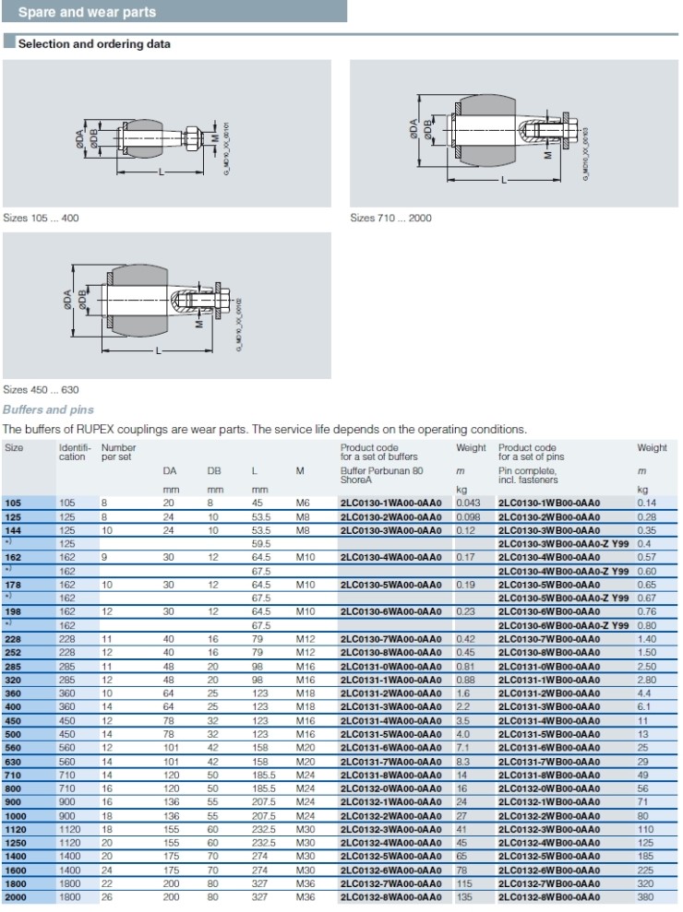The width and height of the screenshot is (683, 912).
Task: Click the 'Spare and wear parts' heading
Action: pyautogui.click(x=87, y=12)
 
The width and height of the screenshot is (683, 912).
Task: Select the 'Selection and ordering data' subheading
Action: pyautogui.click(x=94, y=43)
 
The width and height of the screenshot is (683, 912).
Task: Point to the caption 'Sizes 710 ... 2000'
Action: pyautogui.click(x=390, y=218)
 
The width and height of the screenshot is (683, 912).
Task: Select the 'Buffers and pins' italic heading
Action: pyautogui.click(x=48, y=409)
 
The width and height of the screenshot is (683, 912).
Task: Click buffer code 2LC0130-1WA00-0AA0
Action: pyautogui.click(x=396, y=503)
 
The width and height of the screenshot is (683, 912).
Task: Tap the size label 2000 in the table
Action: pyautogui.click(x=16, y=895)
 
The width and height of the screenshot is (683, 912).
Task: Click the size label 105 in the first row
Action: pyautogui.click(x=13, y=503)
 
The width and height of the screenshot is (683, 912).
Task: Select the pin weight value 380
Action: pyautogui.click(x=646, y=895)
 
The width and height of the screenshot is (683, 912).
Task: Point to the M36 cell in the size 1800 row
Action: pyautogui.click(x=301, y=883)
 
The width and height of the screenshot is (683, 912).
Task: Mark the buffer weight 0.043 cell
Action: pyautogui.click(x=470, y=503)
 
